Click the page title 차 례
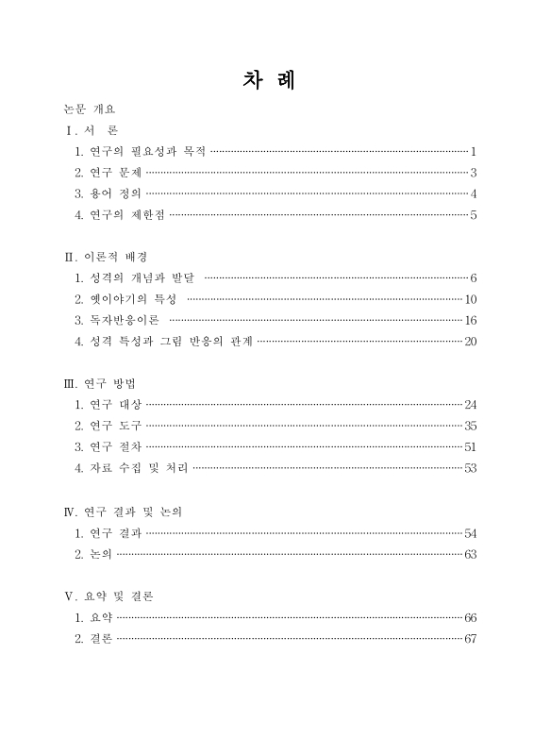(268, 81)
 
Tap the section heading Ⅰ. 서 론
(91, 129)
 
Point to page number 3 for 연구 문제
(474, 173)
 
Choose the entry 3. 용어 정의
(108, 194)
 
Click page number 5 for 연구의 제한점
(474, 216)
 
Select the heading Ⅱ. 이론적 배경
(105, 257)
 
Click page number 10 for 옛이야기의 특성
(471, 300)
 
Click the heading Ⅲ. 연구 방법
(100, 384)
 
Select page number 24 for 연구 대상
(471, 406)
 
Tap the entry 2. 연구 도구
(108, 427)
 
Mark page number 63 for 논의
(471, 554)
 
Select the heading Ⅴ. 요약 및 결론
(108, 596)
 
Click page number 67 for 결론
(471, 640)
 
